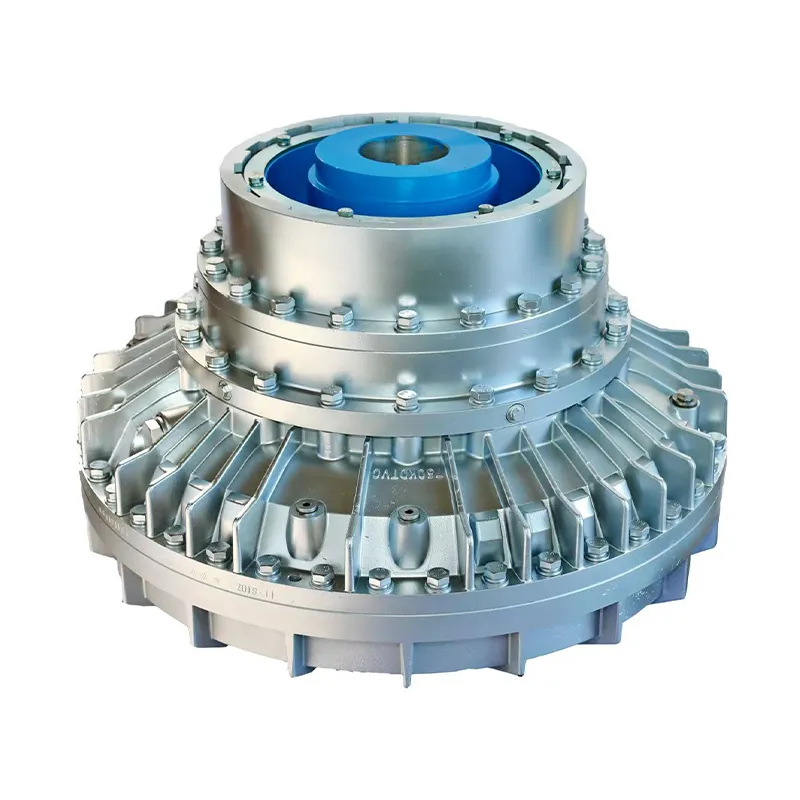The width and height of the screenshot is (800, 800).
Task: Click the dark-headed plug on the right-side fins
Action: [685, 402]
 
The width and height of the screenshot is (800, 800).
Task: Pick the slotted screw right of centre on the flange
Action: [513, 413]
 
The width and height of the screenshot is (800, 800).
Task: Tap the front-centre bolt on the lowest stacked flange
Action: [405, 400]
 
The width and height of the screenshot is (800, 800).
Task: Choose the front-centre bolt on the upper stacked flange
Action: [406, 320]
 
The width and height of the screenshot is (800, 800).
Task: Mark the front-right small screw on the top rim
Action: [486, 210]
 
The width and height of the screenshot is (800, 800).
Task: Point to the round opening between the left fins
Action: [150, 431]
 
